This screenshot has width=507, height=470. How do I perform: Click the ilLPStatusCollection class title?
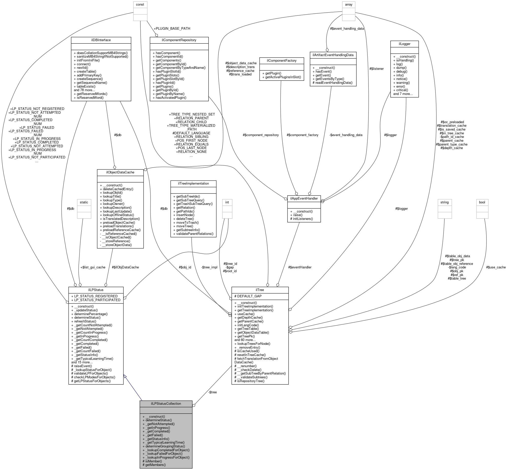[166, 403]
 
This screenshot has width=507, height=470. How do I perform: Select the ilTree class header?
[260, 290]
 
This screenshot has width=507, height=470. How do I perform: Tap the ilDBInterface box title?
[101, 40]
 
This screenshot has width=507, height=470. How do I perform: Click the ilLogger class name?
[404, 44]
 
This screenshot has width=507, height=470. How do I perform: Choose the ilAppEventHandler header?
[304, 198]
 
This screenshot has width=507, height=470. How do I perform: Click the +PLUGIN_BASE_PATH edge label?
[172, 28]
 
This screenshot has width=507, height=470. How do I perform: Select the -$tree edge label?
[212, 392]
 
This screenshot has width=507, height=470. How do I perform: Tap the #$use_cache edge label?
[496, 267]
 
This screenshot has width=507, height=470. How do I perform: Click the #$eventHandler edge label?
[300, 267]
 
